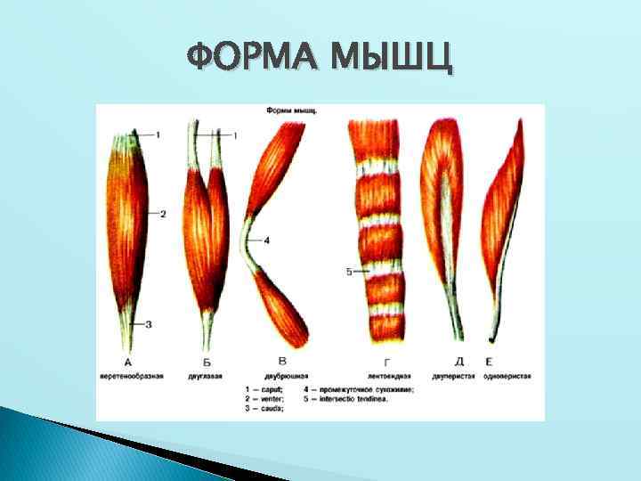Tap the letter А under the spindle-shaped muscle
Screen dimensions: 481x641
click(x=129, y=362)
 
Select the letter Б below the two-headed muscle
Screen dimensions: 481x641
click(x=207, y=362)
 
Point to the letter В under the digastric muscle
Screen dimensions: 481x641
click(x=282, y=361)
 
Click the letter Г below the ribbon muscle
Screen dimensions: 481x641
click(x=385, y=362)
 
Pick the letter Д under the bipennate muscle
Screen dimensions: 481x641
click(x=458, y=361)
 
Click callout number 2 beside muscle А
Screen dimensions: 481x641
click(x=164, y=214)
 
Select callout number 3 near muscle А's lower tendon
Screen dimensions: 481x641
click(x=148, y=323)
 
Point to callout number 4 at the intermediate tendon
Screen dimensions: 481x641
click(x=266, y=240)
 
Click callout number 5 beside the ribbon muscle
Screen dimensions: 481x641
click(x=350, y=272)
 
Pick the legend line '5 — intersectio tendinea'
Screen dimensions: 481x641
click(x=353, y=400)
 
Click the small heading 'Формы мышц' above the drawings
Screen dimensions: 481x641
click(x=293, y=111)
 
